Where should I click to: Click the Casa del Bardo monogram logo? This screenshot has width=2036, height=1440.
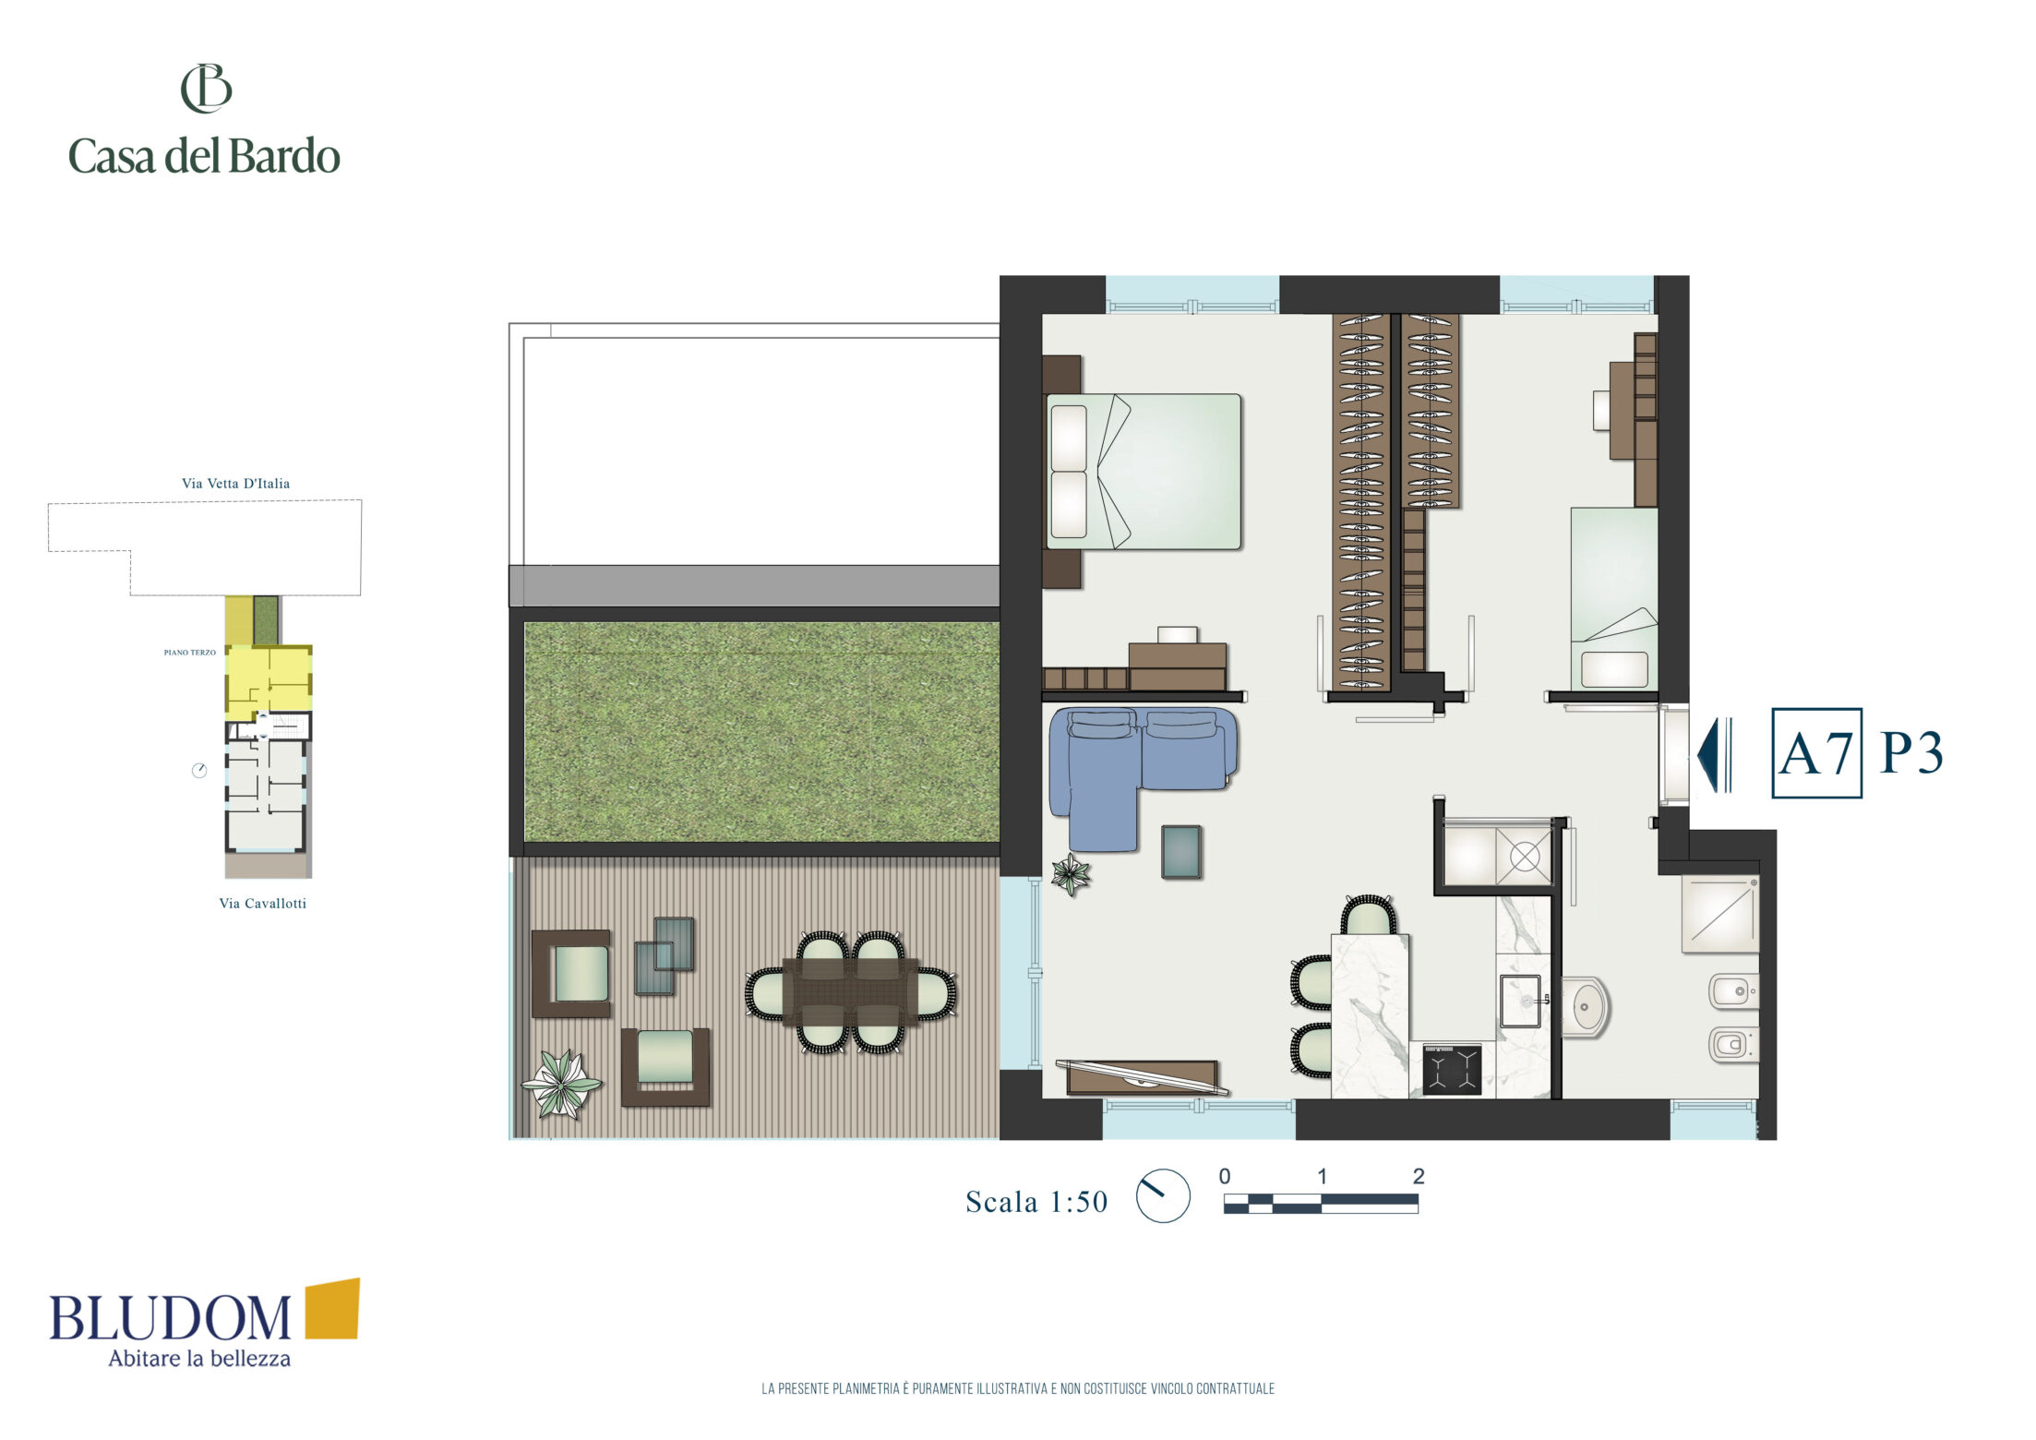[206, 89]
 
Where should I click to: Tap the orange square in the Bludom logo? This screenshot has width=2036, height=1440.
[332, 1309]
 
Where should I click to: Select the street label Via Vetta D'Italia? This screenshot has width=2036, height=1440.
[235, 483]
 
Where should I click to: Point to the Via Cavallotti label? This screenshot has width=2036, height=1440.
[262, 903]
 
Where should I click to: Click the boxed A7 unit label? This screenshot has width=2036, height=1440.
[1816, 753]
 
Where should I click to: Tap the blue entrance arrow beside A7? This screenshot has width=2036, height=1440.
[1713, 755]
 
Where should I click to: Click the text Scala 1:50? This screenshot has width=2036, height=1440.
[1036, 1202]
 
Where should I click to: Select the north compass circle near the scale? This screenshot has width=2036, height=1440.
[1163, 1195]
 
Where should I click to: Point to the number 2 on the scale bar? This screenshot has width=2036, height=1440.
[1419, 1176]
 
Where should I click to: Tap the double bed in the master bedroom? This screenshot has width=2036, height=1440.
[1144, 472]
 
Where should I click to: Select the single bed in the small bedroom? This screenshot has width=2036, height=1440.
[1614, 598]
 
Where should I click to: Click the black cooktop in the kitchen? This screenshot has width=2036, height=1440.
[1452, 1069]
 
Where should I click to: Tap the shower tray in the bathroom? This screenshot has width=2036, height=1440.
[1719, 913]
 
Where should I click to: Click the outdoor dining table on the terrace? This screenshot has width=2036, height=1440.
[850, 992]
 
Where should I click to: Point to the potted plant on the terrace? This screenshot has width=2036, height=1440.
[561, 1084]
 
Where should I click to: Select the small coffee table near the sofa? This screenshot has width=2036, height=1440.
[1181, 852]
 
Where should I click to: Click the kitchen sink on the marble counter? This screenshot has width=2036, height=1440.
[1519, 1001]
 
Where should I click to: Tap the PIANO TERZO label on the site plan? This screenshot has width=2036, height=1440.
[190, 653]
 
